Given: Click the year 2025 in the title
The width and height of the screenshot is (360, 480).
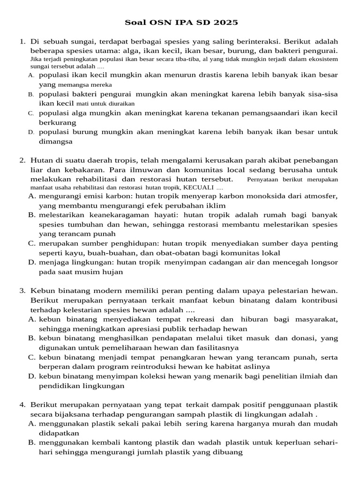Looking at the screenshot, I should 226,22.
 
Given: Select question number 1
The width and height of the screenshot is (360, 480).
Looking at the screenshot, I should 22,42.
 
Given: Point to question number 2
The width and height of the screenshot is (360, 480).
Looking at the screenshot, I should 22,160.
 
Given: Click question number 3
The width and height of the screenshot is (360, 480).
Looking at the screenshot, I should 22,291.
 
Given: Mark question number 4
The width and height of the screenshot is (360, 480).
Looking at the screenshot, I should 22,404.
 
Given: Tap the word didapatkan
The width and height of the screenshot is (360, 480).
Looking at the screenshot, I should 58,433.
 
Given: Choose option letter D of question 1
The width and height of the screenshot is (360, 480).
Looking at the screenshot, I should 31,132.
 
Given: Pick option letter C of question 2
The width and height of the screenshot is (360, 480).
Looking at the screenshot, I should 32,243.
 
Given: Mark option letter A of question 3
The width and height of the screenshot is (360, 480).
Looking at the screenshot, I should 32,319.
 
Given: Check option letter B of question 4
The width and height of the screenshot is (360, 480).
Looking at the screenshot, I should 32,442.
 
